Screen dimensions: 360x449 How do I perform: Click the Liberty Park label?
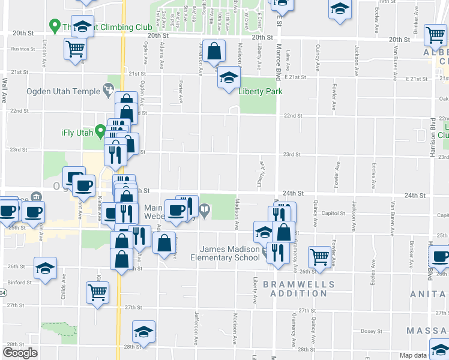(x=261, y=92)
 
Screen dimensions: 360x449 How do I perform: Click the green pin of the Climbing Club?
(x=55, y=26)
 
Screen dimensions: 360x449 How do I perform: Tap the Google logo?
(x=20, y=353)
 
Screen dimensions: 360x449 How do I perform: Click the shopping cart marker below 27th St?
(x=97, y=292)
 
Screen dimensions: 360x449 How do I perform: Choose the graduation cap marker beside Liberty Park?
(x=228, y=77)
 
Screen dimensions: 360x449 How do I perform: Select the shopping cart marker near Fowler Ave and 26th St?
(x=319, y=256)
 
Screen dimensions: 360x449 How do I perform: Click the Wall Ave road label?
(x=4, y=89)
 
